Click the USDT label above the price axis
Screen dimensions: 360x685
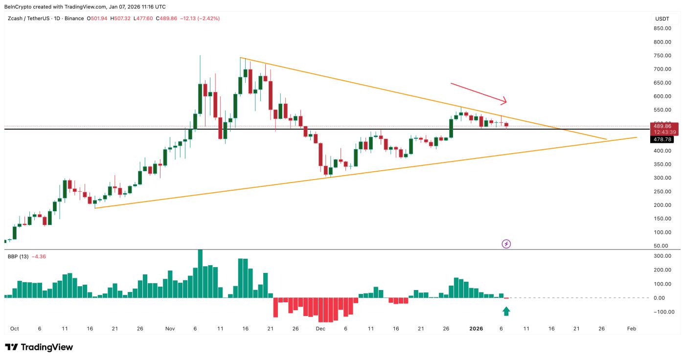coord(662,19)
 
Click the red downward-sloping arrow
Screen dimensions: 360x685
coord(478,93)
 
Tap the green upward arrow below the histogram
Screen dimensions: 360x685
coord(506,311)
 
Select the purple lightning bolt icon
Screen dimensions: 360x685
coord(506,244)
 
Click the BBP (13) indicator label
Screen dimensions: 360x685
coord(18,256)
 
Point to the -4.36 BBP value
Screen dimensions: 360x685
coord(39,256)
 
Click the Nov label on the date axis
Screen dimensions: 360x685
coord(170,329)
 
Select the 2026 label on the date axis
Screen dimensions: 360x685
coord(476,329)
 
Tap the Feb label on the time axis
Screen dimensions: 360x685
coord(632,329)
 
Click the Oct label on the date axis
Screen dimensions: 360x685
coord(14,329)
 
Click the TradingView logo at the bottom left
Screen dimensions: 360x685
coord(39,347)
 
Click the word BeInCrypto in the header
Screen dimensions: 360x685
coord(19,7)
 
